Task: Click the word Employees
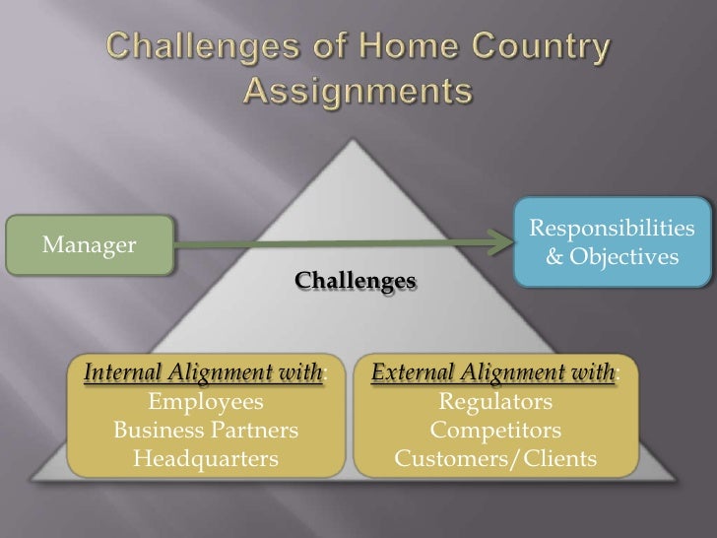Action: (205, 402)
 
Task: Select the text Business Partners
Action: (205, 431)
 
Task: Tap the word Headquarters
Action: (205, 458)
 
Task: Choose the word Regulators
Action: (495, 402)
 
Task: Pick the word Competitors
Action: (495, 431)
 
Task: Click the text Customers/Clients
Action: (495, 458)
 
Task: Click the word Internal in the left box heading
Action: (124, 374)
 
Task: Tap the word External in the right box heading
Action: (413, 374)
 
